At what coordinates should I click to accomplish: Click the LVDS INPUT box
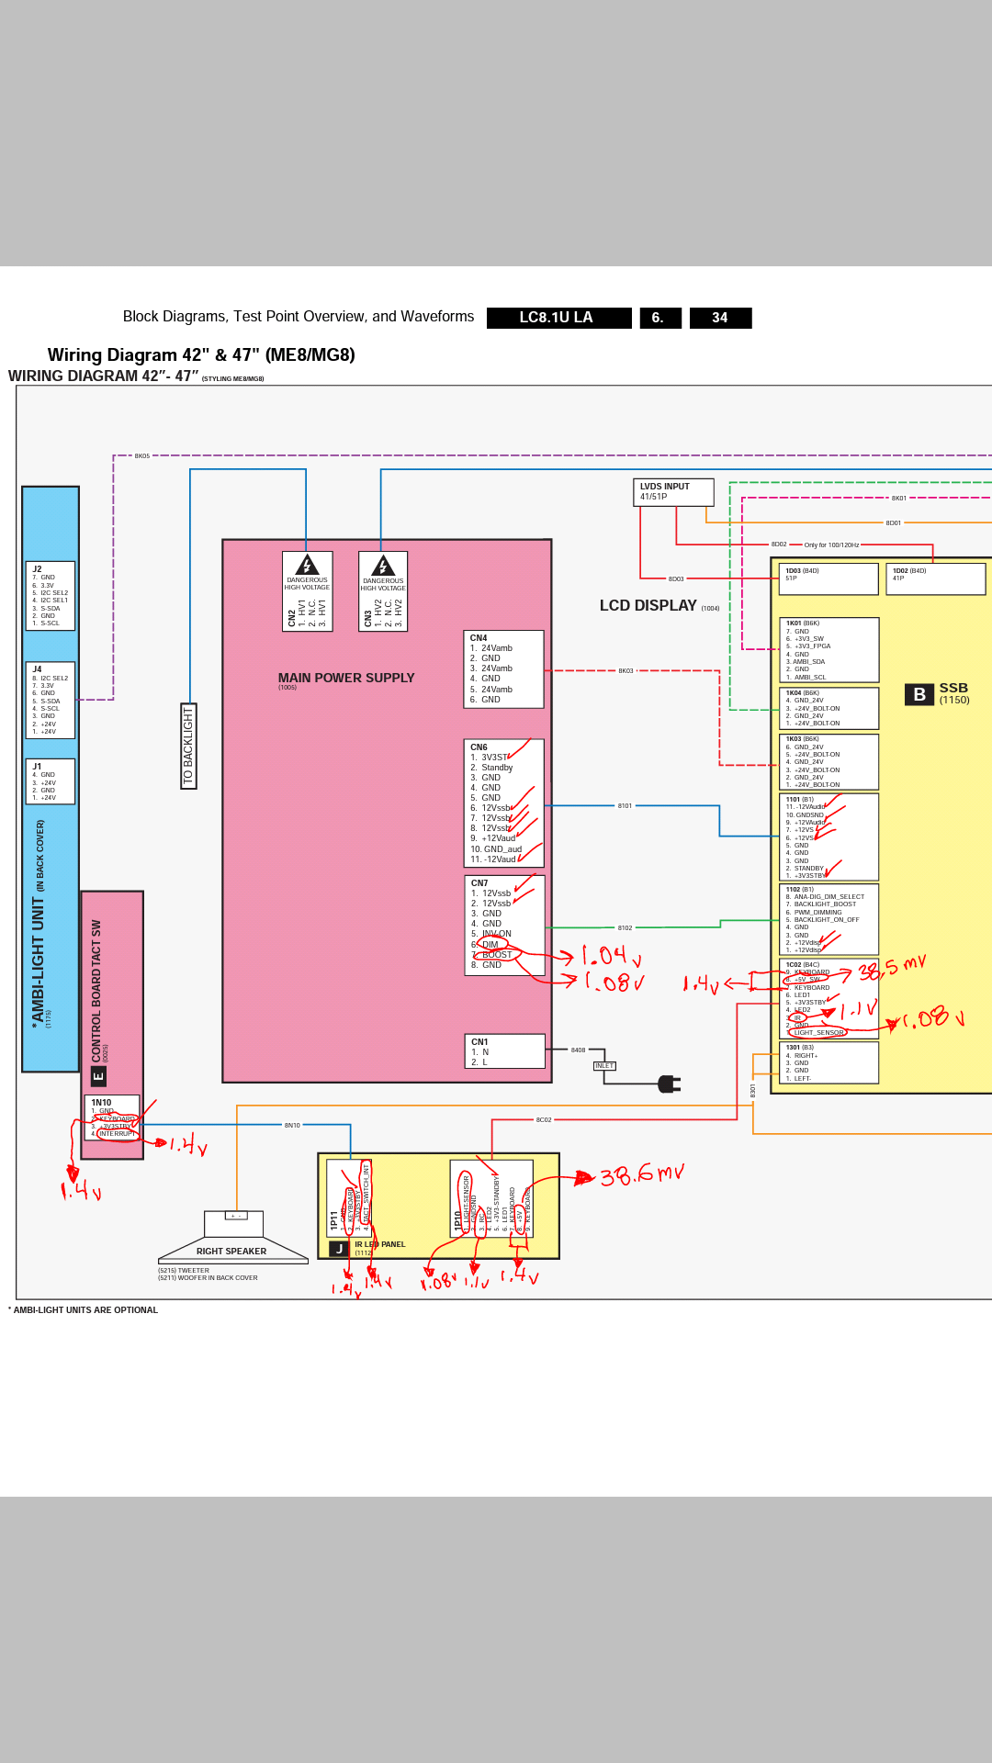click(672, 492)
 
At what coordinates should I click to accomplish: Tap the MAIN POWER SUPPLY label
click(346, 679)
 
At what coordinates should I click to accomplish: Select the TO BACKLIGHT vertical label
click(188, 746)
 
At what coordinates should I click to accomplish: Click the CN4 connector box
click(503, 668)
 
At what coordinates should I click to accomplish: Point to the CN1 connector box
click(504, 1051)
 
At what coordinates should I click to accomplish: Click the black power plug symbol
click(669, 1084)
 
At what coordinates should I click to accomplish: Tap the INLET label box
click(604, 1066)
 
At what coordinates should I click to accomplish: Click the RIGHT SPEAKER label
click(231, 1252)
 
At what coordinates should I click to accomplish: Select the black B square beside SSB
click(919, 694)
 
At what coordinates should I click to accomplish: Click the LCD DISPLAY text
click(648, 606)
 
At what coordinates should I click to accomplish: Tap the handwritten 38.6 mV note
click(642, 1174)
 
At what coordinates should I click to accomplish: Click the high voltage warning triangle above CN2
click(307, 565)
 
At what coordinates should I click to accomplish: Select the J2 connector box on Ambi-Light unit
click(51, 596)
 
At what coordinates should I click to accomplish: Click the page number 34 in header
click(720, 318)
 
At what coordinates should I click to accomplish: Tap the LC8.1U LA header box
click(558, 318)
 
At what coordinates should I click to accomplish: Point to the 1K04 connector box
click(829, 708)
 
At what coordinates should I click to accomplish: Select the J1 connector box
click(51, 781)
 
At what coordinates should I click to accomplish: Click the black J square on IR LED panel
click(339, 1249)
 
